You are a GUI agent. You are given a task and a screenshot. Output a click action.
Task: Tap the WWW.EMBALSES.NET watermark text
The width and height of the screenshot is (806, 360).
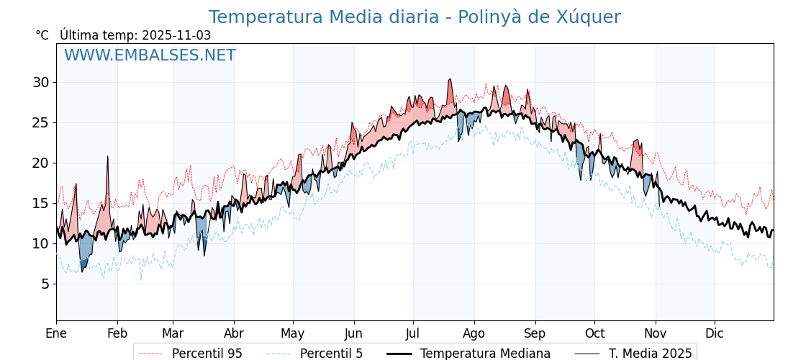[x=150, y=55]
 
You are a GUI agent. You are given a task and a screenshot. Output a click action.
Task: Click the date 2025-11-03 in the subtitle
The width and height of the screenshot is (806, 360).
[x=176, y=35]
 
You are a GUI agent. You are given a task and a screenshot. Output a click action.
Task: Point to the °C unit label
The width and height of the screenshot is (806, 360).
[x=42, y=35]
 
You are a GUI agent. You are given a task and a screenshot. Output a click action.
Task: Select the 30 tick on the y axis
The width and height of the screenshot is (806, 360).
[x=40, y=82]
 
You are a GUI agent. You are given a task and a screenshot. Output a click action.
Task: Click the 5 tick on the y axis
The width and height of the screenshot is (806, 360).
[x=45, y=284]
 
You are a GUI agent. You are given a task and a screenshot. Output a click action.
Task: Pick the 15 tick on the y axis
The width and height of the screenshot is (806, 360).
[x=40, y=203]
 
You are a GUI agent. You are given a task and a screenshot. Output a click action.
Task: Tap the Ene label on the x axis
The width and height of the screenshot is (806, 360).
[x=56, y=333]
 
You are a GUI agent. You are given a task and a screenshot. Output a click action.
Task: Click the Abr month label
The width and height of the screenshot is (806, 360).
[x=234, y=333]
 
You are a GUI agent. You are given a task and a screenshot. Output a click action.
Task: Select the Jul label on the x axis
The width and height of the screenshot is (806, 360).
[x=413, y=333]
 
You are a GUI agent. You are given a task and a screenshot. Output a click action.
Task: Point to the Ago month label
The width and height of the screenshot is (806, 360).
[x=474, y=333]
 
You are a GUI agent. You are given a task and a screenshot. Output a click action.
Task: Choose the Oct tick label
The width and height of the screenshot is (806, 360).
[x=594, y=333]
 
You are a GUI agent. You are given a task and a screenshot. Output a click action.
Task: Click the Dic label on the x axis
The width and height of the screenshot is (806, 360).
[x=715, y=333]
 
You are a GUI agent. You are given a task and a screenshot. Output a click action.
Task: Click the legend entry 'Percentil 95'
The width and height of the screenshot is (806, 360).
[x=207, y=354]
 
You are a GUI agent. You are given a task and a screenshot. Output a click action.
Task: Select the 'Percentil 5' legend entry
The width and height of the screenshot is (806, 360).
[x=331, y=354]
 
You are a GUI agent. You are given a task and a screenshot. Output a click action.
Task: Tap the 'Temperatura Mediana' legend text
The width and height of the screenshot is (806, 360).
[x=485, y=354]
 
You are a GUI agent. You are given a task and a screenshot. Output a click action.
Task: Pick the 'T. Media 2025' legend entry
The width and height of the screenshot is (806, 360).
[x=650, y=354]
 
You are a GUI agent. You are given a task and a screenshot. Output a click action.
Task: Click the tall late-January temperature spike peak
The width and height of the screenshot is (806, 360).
[x=108, y=156]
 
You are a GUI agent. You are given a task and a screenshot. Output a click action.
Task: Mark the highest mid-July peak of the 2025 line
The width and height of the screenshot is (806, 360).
[x=450, y=79]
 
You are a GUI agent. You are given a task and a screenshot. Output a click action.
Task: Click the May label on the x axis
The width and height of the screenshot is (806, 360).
[x=293, y=333]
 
